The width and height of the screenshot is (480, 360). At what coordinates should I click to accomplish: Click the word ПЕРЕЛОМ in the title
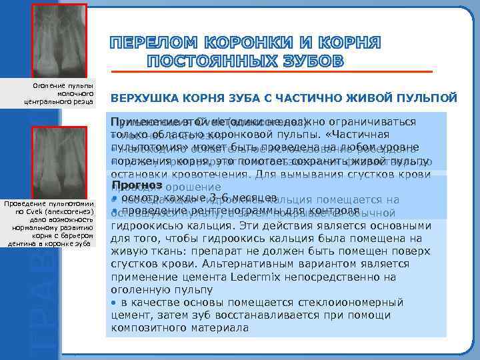coord(152,44)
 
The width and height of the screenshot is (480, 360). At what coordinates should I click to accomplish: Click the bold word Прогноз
coord(138,184)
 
